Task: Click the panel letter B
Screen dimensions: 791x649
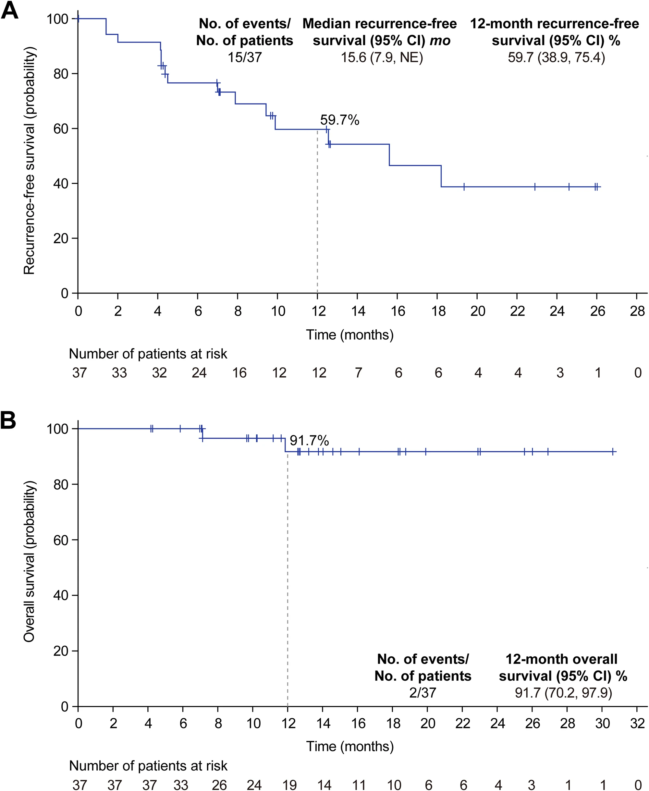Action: coord(8,420)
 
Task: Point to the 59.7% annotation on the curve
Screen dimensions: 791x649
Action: coord(339,120)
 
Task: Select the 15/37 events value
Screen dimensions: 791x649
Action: coord(245,57)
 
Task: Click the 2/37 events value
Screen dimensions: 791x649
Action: coord(422,693)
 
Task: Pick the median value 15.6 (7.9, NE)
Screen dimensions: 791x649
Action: coord(381,57)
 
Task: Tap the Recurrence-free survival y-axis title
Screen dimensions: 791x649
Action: coord(29,161)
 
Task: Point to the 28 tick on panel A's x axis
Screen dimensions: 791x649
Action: coord(637,311)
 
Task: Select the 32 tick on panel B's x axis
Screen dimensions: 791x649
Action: coord(637,723)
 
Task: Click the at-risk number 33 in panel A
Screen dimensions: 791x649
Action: coord(119,372)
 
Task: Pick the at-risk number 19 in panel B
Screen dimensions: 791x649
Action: coord(289,785)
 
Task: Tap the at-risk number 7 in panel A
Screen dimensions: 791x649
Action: coord(358,372)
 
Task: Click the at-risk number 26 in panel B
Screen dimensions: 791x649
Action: coord(219,785)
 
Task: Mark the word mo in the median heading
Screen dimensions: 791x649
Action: coord(440,40)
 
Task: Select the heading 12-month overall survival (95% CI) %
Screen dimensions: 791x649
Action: coord(562,668)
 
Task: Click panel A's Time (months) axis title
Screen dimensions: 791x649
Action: coord(349,334)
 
